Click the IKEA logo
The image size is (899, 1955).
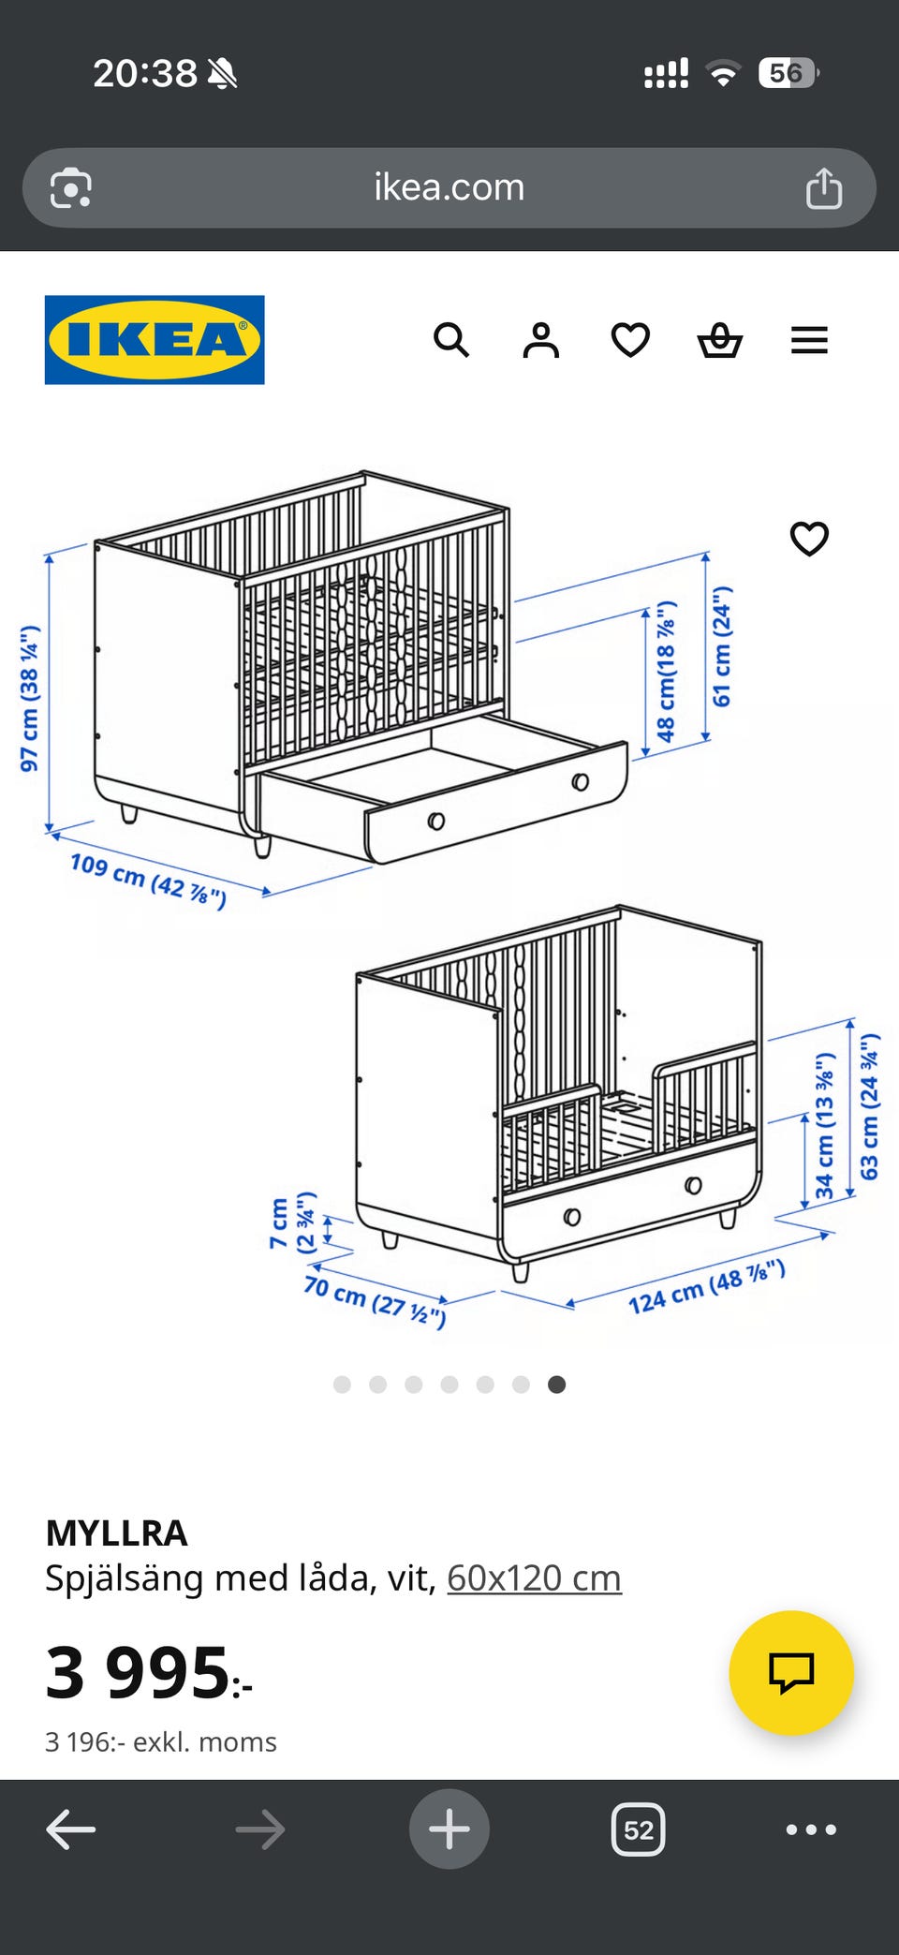pos(155,340)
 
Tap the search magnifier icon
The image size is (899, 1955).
pos(451,340)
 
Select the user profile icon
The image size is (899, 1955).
pos(541,340)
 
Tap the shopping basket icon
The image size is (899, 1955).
pos(720,340)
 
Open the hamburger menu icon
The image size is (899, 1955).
pos(809,340)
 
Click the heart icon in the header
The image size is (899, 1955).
pos(630,340)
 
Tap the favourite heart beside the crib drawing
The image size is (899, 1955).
pos(809,539)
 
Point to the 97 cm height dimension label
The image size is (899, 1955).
pos(29,698)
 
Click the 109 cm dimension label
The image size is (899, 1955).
pos(148,881)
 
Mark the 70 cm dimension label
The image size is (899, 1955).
pos(375,1300)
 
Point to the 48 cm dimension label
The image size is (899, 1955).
pos(666,672)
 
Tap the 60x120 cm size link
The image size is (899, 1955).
pos(534,1578)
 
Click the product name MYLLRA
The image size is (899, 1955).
pos(117,1533)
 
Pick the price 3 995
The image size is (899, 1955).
pos(148,1673)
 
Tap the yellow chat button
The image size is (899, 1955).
pos(791,1673)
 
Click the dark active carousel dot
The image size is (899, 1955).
pos(556,1385)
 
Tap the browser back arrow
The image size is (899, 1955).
pos(71,1829)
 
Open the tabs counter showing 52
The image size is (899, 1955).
pos(639,1829)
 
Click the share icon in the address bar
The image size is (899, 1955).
pos(824,187)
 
